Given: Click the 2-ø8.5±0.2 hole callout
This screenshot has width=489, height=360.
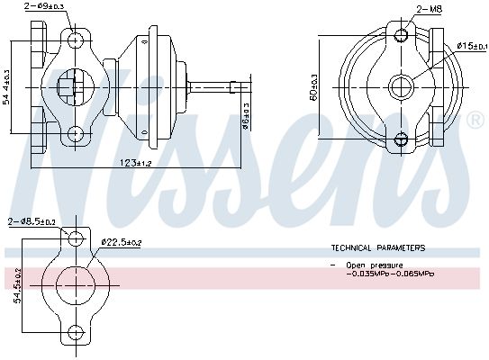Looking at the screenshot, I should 30,221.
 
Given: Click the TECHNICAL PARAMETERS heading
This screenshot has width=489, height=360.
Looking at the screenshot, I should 378,247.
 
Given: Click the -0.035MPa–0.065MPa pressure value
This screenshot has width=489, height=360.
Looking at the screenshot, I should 389,274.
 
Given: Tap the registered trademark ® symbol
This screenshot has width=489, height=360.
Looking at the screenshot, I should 475,120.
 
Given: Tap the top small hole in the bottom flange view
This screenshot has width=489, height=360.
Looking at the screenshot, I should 77,238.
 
